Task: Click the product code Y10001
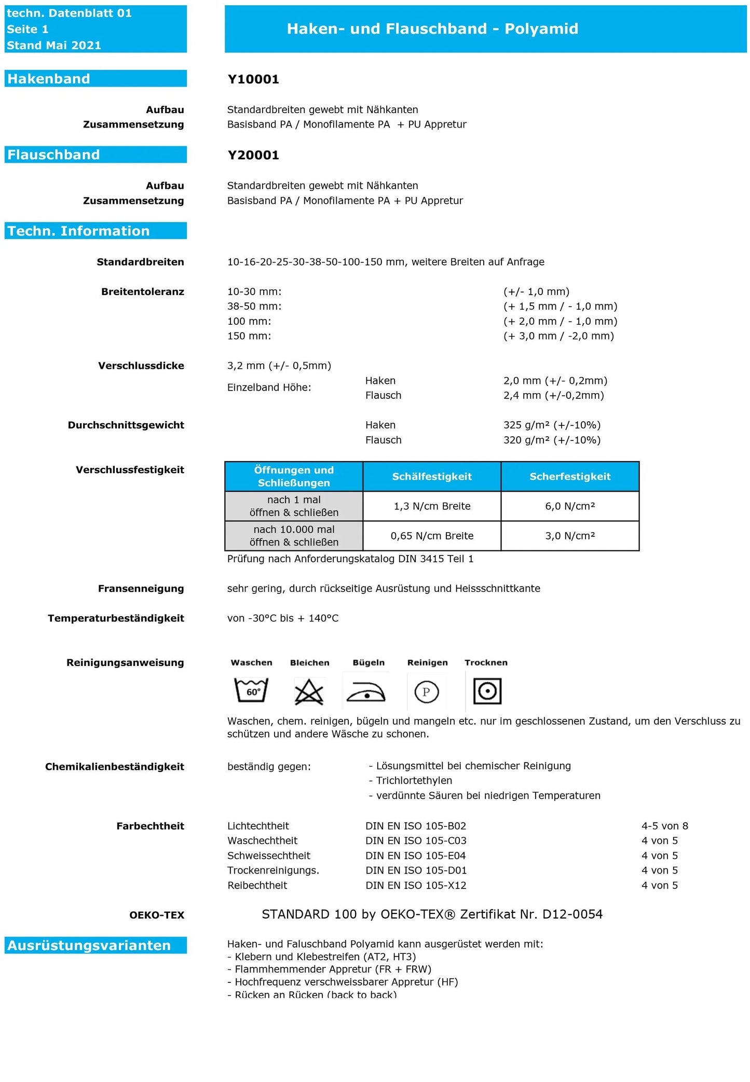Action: pos(253,79)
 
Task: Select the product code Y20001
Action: pos(253,155)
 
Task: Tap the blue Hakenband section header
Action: pos(96,79)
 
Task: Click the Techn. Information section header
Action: pos(96,231)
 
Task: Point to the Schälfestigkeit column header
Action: pos(432,476)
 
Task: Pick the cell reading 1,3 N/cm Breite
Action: pos(432,506)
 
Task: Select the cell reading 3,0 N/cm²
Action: pos(570,536)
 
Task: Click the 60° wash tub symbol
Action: pos(251,690)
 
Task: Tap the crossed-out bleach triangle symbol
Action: pos(309,692)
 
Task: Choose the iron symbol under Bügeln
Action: pos(366,691)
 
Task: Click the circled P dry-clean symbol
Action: pos(427,692)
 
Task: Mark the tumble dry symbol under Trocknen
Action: pos(487,691)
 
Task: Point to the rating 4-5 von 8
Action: pos(664,826)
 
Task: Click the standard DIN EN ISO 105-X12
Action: pos(416,885)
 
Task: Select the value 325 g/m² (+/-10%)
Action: pos(552,425)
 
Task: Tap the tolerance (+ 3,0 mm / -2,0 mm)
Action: pos(558,336)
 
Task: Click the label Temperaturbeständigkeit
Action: pos(116,618)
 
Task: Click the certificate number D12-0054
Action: pos(572,914)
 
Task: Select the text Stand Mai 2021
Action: pos(54,46)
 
